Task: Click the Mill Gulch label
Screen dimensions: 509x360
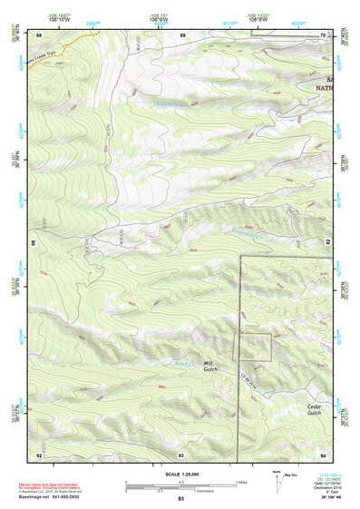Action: click(211, 366)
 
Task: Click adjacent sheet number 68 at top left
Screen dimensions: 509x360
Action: click(38, 34)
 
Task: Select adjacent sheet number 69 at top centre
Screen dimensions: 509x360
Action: click(181, 34)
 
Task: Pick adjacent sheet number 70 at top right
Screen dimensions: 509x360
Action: click(323, 34)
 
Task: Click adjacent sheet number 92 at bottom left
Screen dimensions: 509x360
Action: click(38, 454)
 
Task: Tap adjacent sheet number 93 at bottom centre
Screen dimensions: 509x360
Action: click(181, 454)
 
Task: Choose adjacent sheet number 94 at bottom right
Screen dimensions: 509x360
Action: click(323, 454)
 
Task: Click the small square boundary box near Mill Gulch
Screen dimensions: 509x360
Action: click(255, 347)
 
